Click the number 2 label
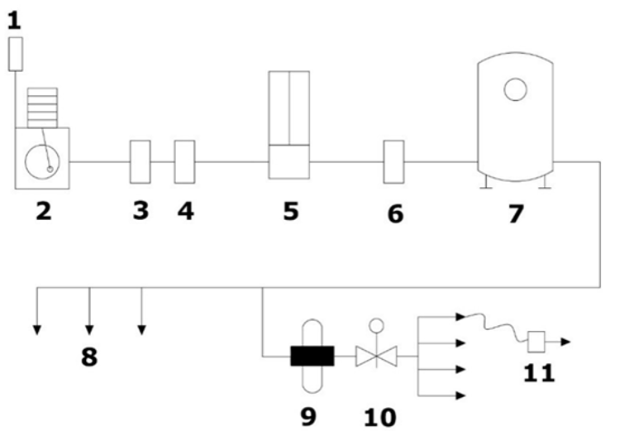coord(42,211)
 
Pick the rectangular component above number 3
coord(141,161)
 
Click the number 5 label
coord(290,211)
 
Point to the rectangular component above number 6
coord(393,161)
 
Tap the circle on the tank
coord(516,88)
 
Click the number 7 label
coord(516,213)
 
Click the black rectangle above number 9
coord(312,357)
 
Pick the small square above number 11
coord(535,339)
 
